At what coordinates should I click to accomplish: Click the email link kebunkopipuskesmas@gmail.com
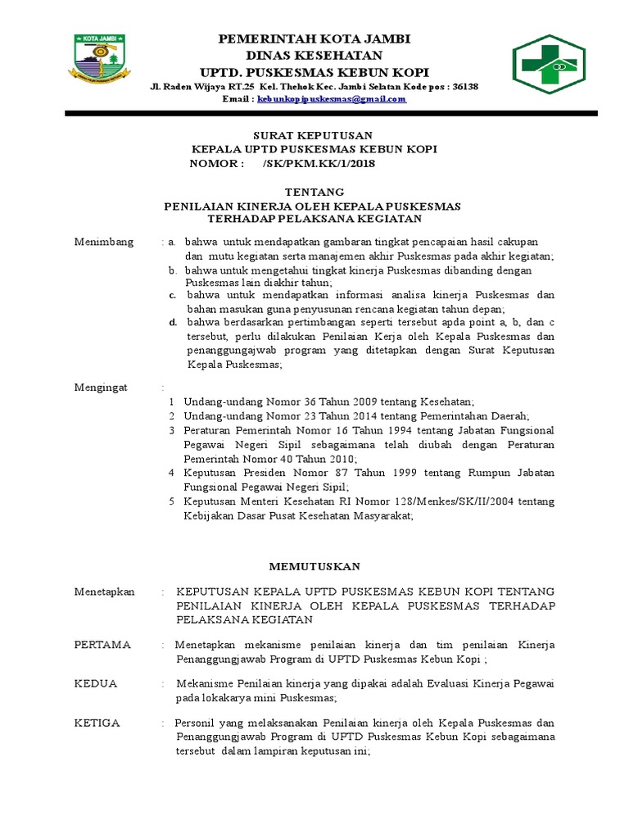pyautogui.click(x=332, y=99)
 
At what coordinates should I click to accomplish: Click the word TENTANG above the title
pyautogui.click(x=314, y=192)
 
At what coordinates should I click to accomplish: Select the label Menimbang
pyautogui.click(x=104, y=242)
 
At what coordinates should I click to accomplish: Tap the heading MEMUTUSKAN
pyautogui.click(x=314, y=566)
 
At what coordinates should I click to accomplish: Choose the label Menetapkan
pyautogui.click(x=105, y=592)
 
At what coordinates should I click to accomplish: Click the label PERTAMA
pyautogui.click(x=102, y=644)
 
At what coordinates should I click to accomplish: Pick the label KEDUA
pyautogui.click(x=96, y=683)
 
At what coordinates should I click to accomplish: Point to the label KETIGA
pyautogui.click(x=97, y=723)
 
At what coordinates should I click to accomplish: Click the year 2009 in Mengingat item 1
pyautogui.click(x=368, y=402)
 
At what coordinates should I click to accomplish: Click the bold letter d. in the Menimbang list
pyautogui.click(x=174, y=322)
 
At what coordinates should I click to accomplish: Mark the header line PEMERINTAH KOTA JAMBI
pyautogui.click(x=314, y=39)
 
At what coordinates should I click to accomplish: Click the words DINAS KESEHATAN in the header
pyautogui.click(x=314, y=55)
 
